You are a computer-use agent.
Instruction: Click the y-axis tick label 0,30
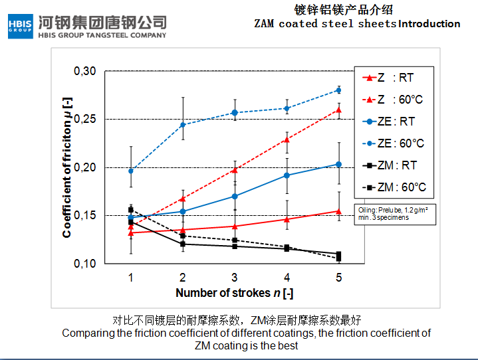point(85,71)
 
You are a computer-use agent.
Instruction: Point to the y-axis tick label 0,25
point(85,120)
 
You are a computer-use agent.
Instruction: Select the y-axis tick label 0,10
point(85,264)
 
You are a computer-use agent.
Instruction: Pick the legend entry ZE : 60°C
point(394,143)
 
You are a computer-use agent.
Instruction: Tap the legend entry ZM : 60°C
point(394,187)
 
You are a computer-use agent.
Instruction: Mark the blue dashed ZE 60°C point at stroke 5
point(339,90)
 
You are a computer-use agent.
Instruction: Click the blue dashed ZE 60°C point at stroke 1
point(131,171)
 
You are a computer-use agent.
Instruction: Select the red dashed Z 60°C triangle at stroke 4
point(287,139)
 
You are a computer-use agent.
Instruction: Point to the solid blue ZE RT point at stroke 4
point(287,175)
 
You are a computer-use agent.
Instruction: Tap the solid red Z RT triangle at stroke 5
point(339,211)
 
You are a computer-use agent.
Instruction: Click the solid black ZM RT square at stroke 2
point(183,244)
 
